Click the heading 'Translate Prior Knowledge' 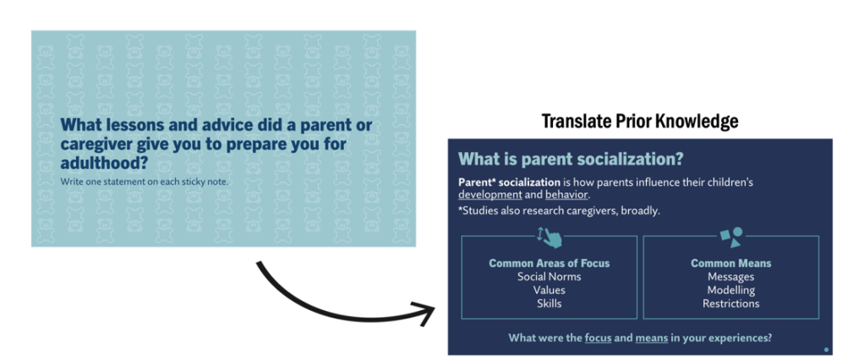640,121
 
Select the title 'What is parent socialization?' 571,159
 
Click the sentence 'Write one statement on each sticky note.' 144,181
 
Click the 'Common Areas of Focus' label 550,263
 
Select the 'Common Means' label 731,263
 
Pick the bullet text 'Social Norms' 550,276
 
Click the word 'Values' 550,290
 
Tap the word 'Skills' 550,303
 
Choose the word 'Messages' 731,276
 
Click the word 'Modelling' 731,290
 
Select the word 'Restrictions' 731,303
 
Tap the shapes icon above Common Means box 732,237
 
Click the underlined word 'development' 489,195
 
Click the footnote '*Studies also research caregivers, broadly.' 559,210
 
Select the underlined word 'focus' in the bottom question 598,338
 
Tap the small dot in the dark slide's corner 826,350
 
